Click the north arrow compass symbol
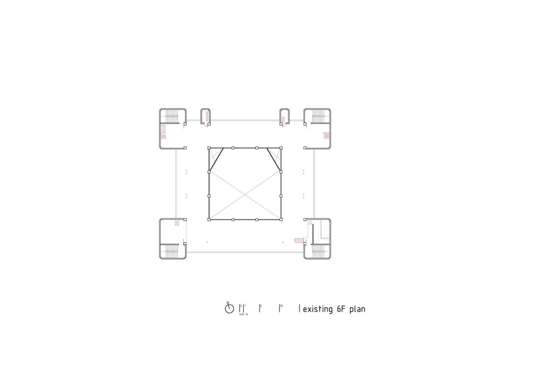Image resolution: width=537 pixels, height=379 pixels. tap(229, 309)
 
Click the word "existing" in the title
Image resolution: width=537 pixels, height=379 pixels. tap(318, 309)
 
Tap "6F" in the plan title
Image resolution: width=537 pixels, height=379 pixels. tap(341, 309)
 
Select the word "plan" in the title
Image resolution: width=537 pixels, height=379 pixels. tap(357, 310)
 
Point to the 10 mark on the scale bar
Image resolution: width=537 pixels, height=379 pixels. tap(280, 309)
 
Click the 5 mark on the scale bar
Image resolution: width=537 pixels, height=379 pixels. tap(260, 309)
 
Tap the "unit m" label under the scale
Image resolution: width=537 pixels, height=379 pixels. tap(243, 314)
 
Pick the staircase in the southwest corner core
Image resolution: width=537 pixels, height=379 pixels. tap(172, 251)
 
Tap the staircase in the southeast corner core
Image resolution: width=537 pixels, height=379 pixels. tap(318, 251)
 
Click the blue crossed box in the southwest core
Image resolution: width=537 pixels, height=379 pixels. tap(177, 223)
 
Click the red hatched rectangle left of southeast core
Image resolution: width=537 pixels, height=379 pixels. tap(299, 240)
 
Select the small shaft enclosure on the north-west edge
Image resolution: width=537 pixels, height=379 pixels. tap(205, 116)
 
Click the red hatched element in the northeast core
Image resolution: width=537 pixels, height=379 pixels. tap(327, 135)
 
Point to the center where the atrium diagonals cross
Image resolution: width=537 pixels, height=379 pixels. tap(245, 195)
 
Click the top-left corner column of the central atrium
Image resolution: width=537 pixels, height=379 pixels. tap(209, 148)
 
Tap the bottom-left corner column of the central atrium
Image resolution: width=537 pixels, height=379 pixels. tap(209, 219)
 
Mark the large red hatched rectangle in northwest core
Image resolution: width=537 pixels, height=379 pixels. tap(163, 129)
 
